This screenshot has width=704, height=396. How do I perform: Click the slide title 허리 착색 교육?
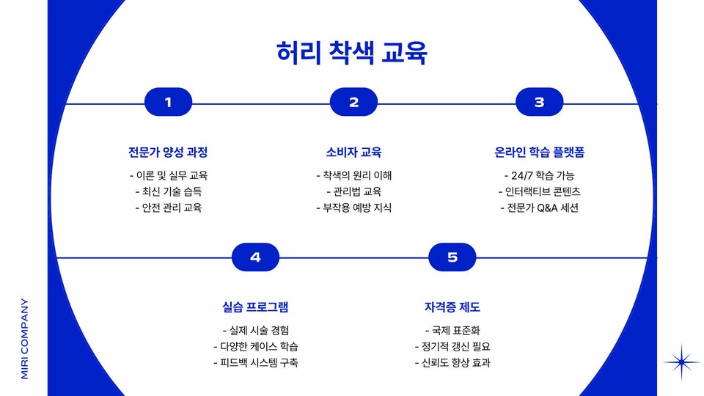coord(352,54)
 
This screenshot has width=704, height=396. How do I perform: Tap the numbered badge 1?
coord(168,103)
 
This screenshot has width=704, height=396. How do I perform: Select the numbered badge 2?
coord(353,103)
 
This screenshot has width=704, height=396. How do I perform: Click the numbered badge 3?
coord(539,103)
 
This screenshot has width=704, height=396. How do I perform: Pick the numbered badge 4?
coord(255,257)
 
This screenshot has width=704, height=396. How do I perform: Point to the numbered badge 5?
coord(452,257)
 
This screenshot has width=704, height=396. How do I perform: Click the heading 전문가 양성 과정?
coord(168,153)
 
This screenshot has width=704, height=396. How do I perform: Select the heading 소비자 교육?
coord(353,153)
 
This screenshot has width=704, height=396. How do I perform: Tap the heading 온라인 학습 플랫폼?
coord(539,153)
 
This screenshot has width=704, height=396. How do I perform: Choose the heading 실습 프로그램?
coord(255,307)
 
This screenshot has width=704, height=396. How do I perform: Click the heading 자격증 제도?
coord(452,307)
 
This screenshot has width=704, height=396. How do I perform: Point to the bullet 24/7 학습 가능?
coord(539,175)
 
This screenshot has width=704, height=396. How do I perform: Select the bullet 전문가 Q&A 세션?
coord(539,208)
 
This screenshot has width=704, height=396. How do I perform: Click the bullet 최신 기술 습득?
coord(168,191)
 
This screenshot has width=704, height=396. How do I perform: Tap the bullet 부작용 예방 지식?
coord(353,208)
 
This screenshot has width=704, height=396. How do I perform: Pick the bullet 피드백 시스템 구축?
coord(255,363)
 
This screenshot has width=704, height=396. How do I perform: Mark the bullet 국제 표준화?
coord(452,330)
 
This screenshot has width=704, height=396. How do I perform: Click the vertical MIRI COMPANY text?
coord(24,338)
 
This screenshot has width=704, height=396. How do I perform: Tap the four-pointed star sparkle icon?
coord(682,362)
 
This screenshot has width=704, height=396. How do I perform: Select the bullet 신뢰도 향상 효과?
coord(452,363)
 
